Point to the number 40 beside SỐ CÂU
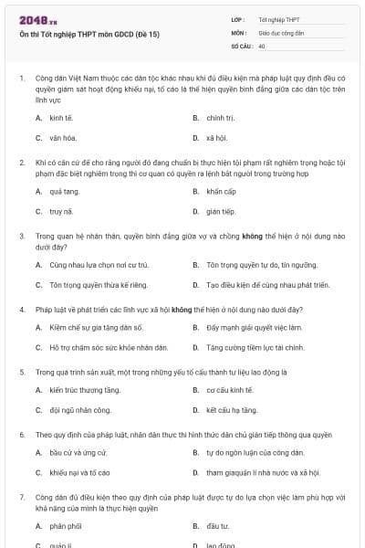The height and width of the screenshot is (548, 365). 262,45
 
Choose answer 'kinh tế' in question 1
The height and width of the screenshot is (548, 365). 61,118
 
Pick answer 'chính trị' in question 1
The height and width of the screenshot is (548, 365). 220,118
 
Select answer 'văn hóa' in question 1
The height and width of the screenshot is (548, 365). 62,138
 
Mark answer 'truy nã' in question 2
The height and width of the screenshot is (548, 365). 61,212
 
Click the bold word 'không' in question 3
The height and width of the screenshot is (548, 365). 252,235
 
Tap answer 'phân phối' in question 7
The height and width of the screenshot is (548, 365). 66,527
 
